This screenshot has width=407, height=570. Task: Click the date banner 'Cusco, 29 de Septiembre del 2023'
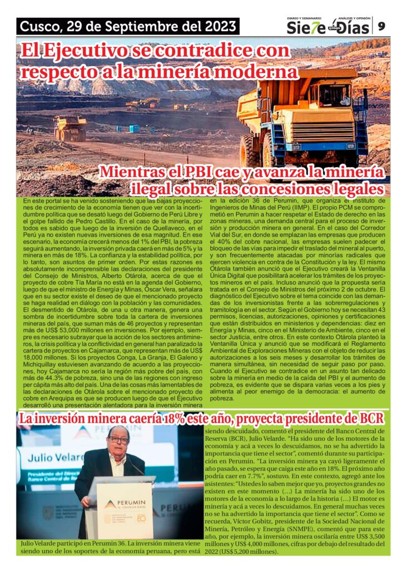(x=128, y=26)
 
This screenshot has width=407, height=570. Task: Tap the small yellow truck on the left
(x=71, y=129)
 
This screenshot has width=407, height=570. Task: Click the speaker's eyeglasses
(x=118, y=440)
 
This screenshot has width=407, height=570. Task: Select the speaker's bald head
(x=118, y=431)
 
